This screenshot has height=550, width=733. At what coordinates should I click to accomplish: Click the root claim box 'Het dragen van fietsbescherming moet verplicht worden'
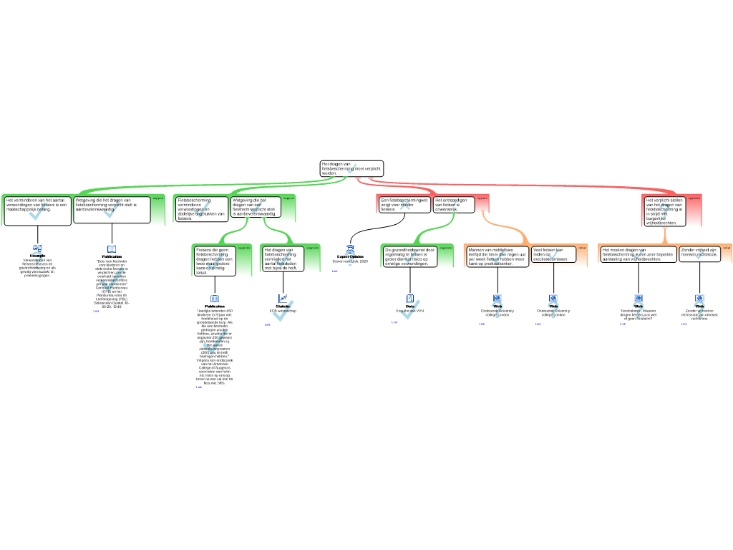(x=351, y=168)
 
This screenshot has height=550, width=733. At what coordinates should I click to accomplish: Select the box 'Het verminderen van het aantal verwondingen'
(x=37, y=210)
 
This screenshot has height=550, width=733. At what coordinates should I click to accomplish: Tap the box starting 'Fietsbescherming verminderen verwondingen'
(x=201, y=208)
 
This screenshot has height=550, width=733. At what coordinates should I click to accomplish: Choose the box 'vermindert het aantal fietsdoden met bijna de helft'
(x=283, y=259)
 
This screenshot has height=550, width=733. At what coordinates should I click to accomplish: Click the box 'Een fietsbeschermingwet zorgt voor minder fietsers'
(x=404, y=204)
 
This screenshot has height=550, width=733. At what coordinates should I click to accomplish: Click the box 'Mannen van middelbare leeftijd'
(x=497, y=256)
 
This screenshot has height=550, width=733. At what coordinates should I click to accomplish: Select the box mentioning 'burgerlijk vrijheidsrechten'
(x=664, y=211)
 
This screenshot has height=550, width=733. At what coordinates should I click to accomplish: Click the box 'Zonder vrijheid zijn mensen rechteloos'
(x=699, y=254)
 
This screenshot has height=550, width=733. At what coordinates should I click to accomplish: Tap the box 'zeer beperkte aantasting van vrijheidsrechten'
(x=638, y=254)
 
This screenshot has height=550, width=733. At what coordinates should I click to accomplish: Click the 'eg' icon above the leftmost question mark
(x=37, y=248)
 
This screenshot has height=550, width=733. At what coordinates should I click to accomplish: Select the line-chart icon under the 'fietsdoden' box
(x=283, y=298)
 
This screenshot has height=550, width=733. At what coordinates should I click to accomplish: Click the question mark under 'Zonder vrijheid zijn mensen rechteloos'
(x=699, y=309)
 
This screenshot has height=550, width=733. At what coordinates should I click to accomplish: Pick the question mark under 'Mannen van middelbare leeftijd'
(x=497, y=310)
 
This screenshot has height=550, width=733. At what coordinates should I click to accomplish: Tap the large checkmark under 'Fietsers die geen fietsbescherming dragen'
(x=214, y=342)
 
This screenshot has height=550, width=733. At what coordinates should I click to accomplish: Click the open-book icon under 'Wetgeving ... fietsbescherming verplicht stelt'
(x=112, y=249)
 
